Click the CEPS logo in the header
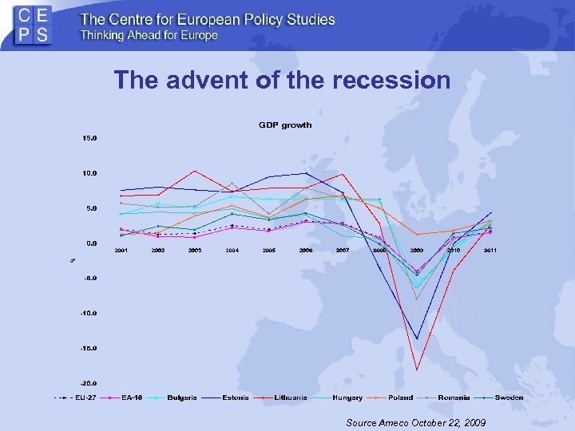pyautogui.click(x=34, y=26)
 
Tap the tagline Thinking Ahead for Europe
pyautogui.click(x=149, y=35)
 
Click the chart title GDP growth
pyautogui.click(x=285, y=125)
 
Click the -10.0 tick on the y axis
pyautogui.click(x=87, y=313)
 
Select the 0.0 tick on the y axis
pyautogui.click(x=90, y=243)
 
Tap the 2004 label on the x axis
pyautogui.click(x=232, y=251)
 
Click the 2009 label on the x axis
pyautogui.click(x=417, y=251)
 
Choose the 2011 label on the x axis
pyautogui.click(x=490, y=251)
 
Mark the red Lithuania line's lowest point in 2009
pyautogui.click(x=417, y=370)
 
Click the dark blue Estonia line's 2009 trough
pyautogui.click(x=417, y=338)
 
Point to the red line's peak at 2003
pyautogui.click(x=195, y=171)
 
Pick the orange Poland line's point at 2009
pyautogui.click(x=417, y=234)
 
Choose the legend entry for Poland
pyautogui.click(x=394, y=397)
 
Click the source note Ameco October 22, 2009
pyautogui.click(x=416, y=421)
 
